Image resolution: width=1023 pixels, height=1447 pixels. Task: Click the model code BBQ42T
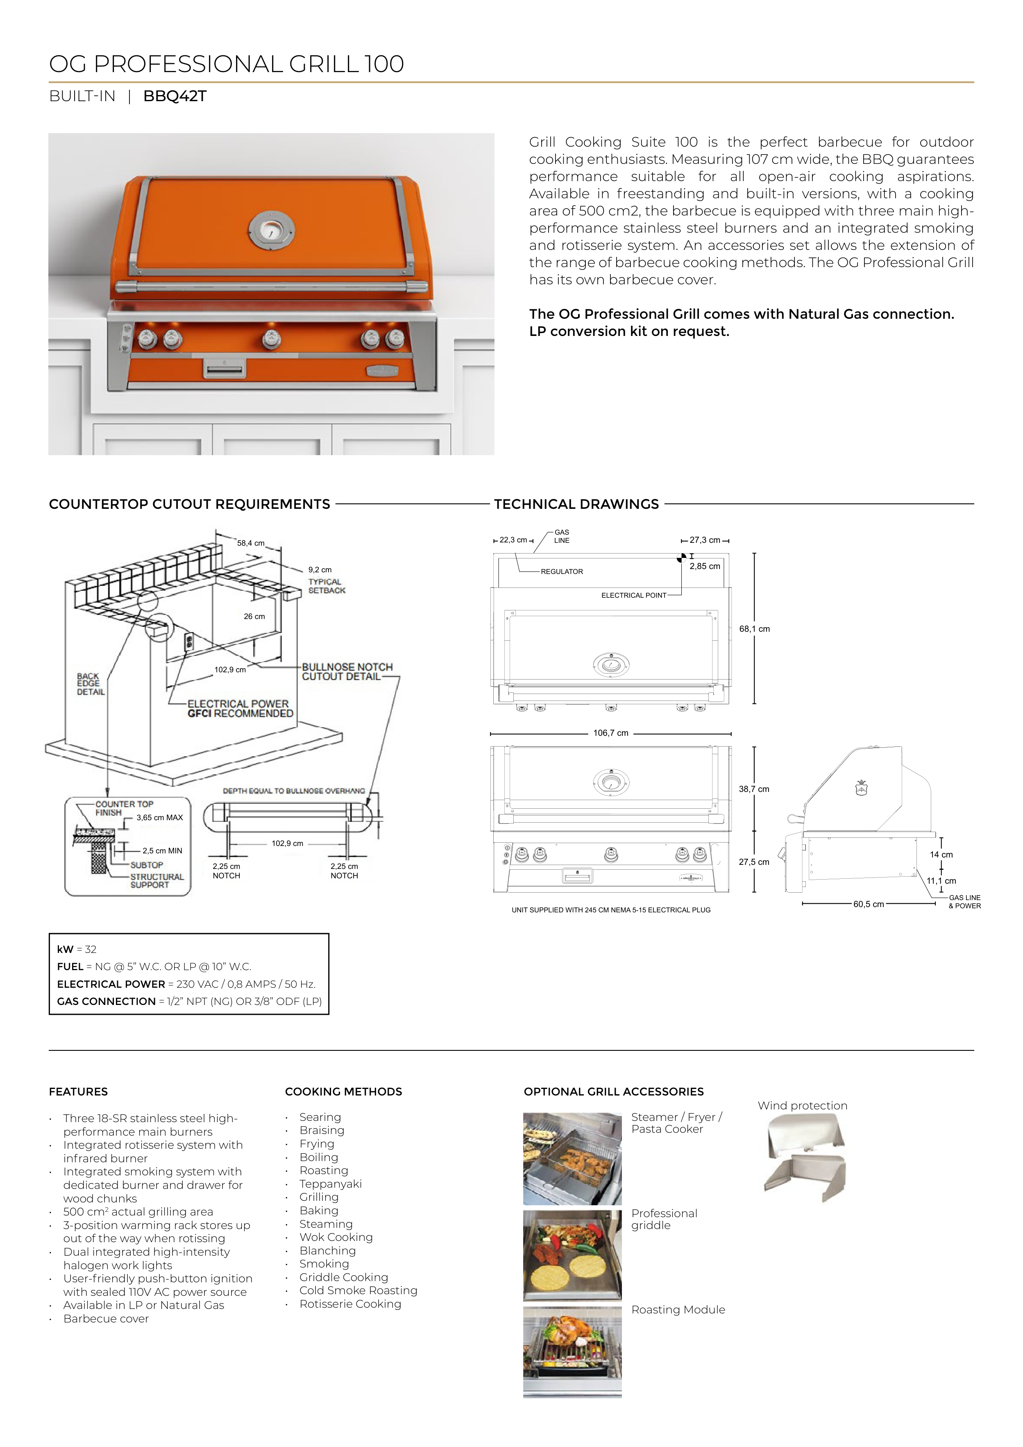175,96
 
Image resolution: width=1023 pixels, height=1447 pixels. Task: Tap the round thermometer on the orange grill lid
272,230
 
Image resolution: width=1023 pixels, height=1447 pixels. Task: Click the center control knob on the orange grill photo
272,339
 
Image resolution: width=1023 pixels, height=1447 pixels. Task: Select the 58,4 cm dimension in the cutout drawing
250,542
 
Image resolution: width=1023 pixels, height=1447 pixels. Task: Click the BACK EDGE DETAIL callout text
90,684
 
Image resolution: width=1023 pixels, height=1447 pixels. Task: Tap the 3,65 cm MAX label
159,817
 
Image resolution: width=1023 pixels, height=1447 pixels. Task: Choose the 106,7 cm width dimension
610,733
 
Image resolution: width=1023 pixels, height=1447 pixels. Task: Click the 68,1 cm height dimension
755,629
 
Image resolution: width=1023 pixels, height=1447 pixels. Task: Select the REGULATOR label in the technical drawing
562,572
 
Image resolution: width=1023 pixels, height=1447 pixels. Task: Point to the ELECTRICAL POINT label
633,595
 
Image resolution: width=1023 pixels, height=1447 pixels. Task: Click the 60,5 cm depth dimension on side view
868,905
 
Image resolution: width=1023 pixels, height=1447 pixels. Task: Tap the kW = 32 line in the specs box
77,949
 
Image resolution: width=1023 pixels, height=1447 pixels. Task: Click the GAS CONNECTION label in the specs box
106,1001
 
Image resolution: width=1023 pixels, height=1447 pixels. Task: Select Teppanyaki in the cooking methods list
330,1184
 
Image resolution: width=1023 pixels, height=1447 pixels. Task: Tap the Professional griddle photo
572,1255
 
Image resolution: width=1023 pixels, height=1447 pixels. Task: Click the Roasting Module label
678,1310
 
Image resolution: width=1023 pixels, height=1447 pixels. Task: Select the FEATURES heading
78,1091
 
